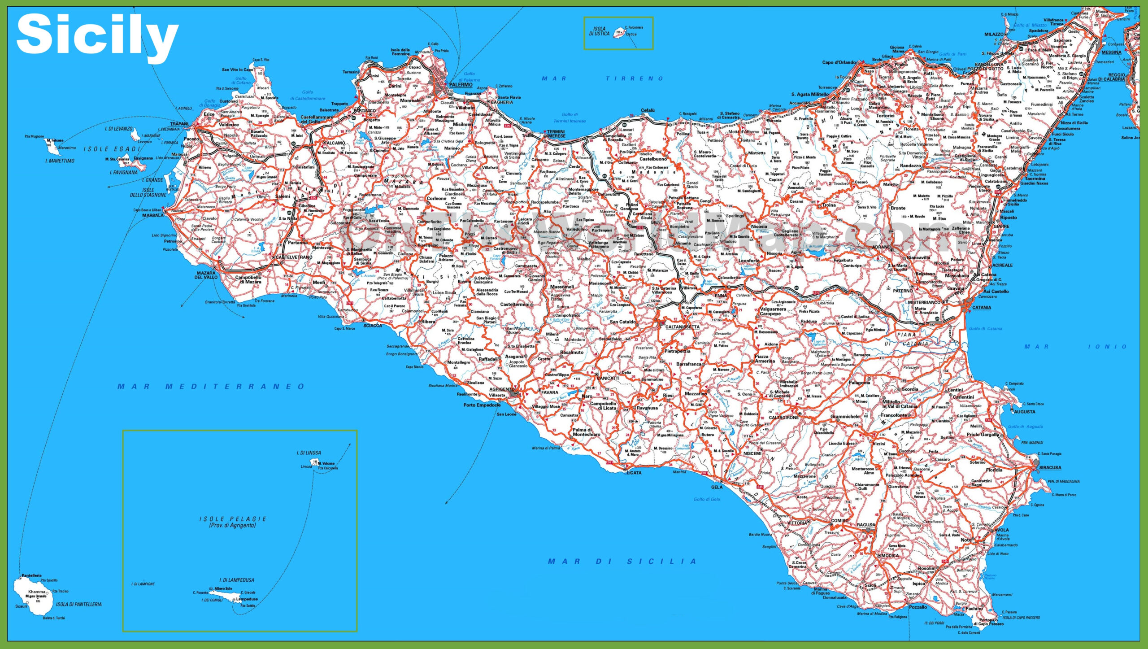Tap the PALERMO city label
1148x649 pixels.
point(461,85)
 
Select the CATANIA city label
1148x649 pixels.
point(981,308)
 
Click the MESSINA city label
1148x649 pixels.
point(1111,52)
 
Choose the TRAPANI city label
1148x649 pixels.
point(179,124)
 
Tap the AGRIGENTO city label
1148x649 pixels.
point(502,389)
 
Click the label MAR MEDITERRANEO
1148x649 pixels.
point(211,386)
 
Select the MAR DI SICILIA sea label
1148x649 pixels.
point(622,562)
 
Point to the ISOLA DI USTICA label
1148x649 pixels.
point(599,31)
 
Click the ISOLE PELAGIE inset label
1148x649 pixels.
point(233,519)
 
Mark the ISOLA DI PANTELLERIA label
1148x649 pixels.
point(78,604)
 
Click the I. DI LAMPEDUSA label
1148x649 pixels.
point(236,580)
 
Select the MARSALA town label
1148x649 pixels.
point(153,215)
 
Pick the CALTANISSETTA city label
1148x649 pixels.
point(682,327)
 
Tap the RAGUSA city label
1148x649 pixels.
point(865,525)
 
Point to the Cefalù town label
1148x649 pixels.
point(648,110)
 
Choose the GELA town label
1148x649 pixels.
point(717,487)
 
